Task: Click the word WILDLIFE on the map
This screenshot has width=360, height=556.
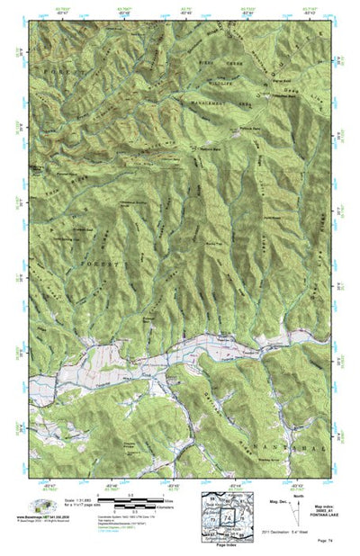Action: tap(211, 77)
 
